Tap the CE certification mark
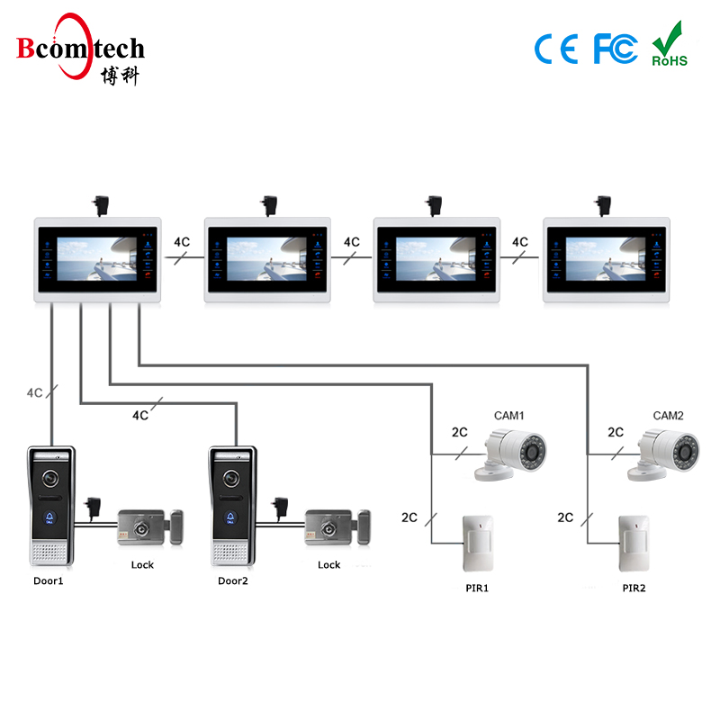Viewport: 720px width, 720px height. [x=556, y=49]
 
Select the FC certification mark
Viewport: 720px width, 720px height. [x=616, y=49]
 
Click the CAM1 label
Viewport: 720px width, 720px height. [x=509, y=416]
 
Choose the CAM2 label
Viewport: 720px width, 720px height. [x=669, y=416]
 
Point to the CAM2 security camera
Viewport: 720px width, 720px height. [x=669, y=449]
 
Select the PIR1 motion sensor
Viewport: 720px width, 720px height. [x=477, y=543]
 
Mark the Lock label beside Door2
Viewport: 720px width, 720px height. [x=329, y=565]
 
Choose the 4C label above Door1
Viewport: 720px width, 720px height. [x=35, y=393]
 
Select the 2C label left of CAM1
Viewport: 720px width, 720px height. [x=459, y=432]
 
